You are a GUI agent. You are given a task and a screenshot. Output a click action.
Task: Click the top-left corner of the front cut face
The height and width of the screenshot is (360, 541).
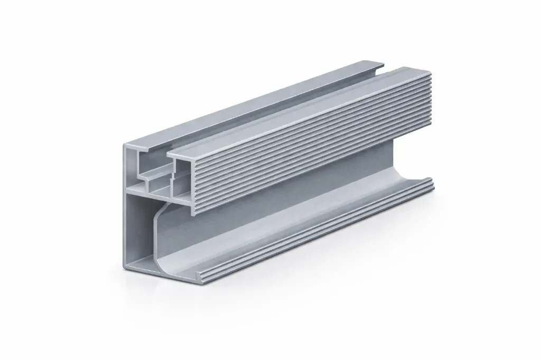[x=124, y=144]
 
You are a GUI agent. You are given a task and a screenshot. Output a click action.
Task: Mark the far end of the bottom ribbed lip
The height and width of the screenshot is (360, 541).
[x=433, y=183]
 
